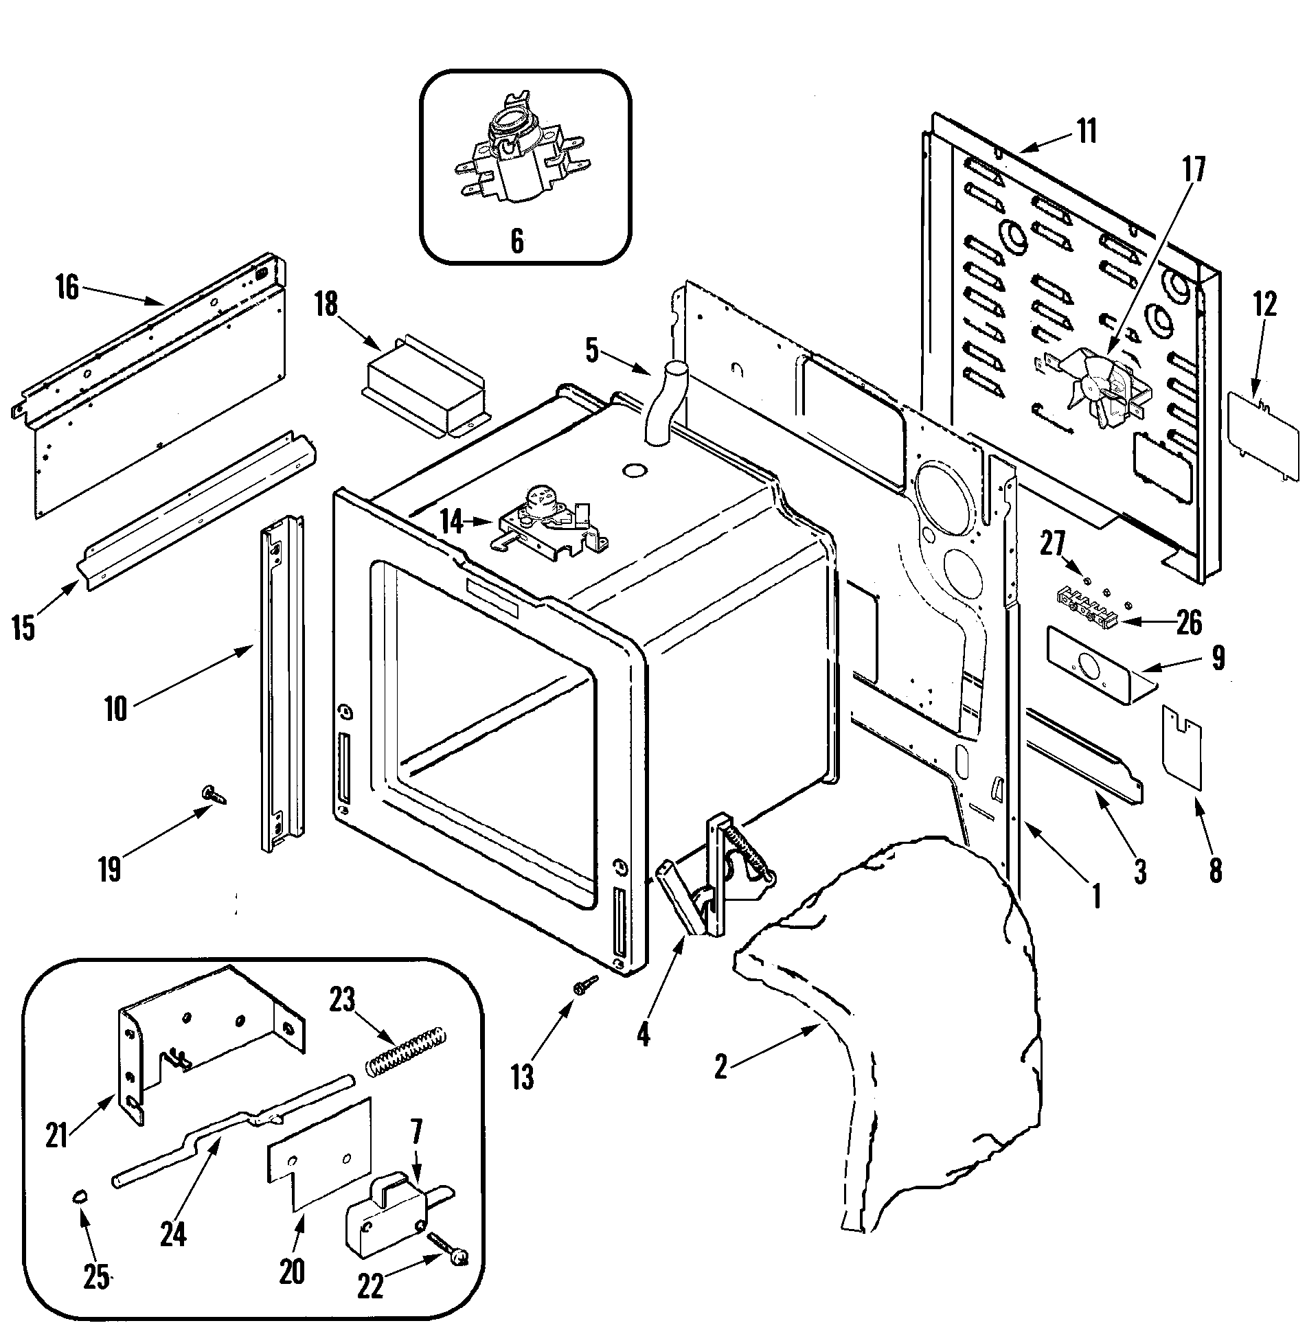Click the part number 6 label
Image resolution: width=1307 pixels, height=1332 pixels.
[x=516, y=241]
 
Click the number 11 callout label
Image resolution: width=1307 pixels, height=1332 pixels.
[x=1087, y=131]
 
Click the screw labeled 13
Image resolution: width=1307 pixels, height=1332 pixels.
[x=586, y=983]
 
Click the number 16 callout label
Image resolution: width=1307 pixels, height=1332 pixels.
[x=67, y=288]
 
